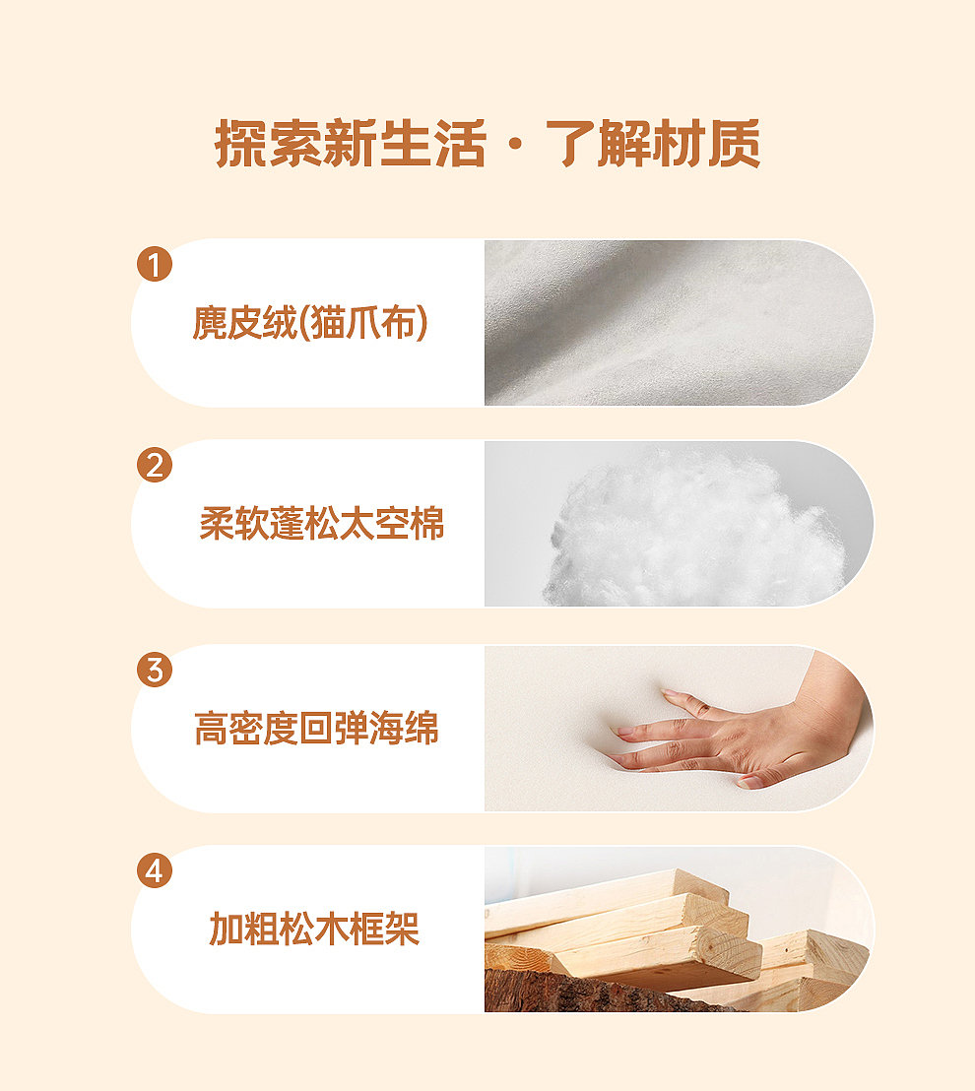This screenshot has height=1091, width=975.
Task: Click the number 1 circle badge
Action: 155,265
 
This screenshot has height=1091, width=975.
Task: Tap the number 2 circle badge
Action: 155,465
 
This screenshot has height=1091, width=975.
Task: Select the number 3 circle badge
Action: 155,671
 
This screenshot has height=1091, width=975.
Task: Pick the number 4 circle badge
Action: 155,871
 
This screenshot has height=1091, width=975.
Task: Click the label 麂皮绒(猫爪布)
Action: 310,323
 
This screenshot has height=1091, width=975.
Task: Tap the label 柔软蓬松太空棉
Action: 322,524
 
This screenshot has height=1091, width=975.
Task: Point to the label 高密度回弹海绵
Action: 316,730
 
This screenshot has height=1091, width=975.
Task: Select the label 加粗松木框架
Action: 314,929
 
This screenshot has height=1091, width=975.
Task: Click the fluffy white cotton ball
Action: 689,532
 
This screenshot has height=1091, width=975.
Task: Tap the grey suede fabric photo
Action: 680,323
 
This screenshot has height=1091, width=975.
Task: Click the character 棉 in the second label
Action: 426,524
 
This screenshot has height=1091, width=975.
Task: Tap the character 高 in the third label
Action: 211,730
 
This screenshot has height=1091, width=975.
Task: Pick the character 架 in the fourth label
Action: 402,929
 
